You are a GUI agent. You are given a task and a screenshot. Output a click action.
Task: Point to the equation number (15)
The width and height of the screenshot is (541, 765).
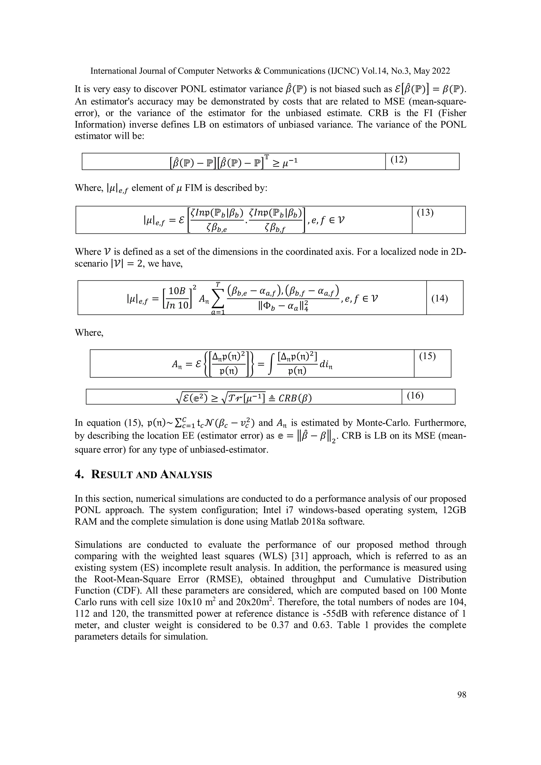(x=427, y=356)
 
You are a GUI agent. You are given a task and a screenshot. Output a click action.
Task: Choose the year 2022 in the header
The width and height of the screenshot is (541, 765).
(x=441, y=71)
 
